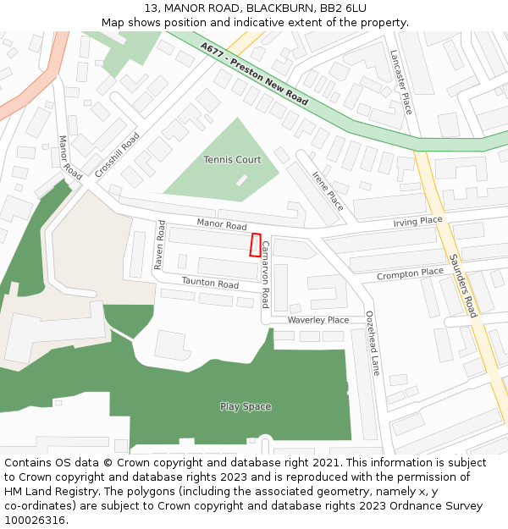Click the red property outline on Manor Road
click(256, 245)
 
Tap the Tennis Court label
click(232, 160)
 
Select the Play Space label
click(246, 406)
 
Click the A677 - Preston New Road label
click(254, 74)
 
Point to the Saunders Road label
click(463, 285)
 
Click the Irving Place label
click(417, 221)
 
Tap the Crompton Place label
click(410, 273)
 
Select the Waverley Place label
click(318, 320)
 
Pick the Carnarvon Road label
click(265, 271)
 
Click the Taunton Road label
click(210, 283)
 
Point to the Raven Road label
click(159, 245)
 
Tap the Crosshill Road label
click(117, 154)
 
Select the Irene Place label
click(328, 190)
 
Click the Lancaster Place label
click(400, 80)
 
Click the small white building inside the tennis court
click(242, 180)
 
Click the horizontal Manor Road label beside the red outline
click(222, 226)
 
